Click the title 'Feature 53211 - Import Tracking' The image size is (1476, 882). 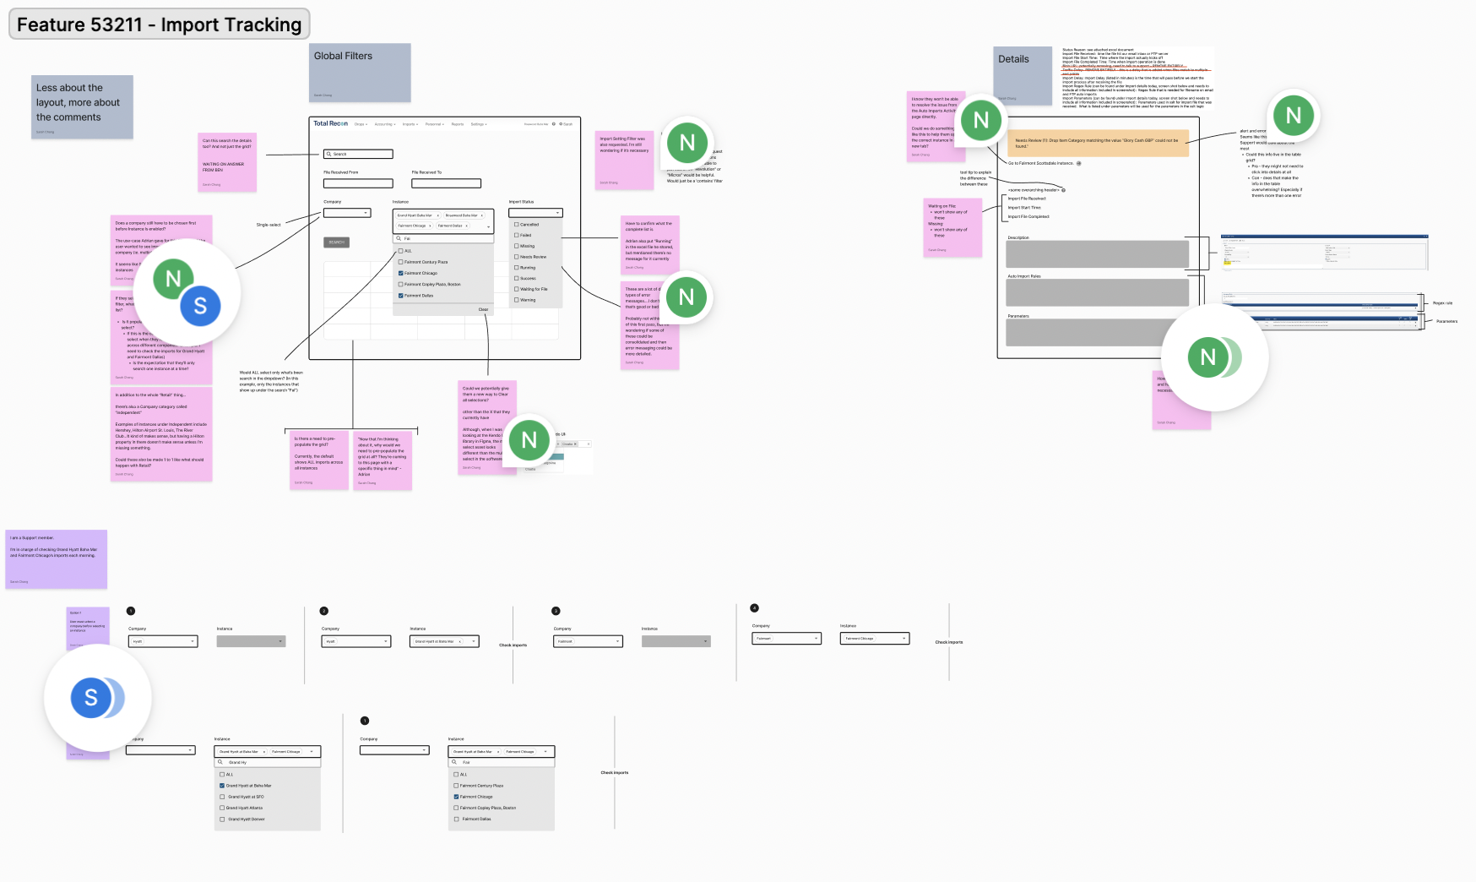click(159, 24)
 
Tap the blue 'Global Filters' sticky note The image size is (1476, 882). click(360, 72)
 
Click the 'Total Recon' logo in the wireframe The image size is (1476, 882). click(330, 123)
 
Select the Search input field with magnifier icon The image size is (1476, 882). click(358, 154)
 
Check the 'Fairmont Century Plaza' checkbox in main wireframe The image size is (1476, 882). click(401, 262)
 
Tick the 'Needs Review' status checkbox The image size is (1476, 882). click(517, 257)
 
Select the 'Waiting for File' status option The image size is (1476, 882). click(517, 289)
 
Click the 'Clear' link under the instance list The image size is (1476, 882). click(483, 309)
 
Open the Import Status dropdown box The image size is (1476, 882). click(535, 213)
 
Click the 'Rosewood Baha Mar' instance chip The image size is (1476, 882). click(463, 215)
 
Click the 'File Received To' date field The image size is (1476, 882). click(446, 183)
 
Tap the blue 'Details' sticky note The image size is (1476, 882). click(1022, 74)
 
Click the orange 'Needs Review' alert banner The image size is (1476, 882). click(1098, 143)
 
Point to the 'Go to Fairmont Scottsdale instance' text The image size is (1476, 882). click(1040, 163)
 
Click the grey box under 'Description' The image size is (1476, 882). click(1097, 253)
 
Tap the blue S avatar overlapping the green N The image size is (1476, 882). click(200, 306)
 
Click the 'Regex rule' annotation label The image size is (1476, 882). click(1442, 303)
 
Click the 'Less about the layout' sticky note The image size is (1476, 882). click(82, 106)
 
